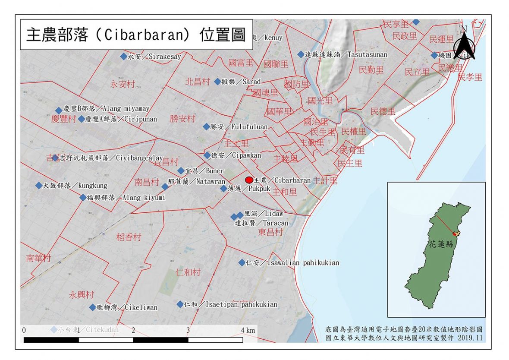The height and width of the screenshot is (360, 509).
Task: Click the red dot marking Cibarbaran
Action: pos(249,180)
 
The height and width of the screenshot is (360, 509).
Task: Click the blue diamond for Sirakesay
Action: pos(124,57)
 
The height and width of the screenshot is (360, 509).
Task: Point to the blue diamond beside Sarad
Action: pos(217,81)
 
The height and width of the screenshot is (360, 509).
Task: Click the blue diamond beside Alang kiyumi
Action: pos(83,198)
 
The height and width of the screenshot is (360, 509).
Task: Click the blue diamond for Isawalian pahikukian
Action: pos(242,262)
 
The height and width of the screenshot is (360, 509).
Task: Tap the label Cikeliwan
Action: pos(141,307)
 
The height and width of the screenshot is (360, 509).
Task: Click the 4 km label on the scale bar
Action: pos(248,330)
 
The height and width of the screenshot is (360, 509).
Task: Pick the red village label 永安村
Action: pos(123,85)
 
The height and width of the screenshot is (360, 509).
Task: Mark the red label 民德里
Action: pos(383,111)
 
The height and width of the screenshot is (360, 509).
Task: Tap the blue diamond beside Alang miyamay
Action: pos(59,111)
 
